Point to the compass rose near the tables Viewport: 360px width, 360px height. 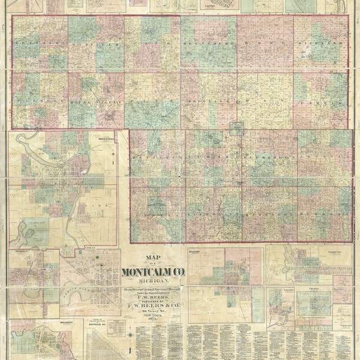click(x=130, y=334)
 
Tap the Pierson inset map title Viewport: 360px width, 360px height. click(x=20, y=253)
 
